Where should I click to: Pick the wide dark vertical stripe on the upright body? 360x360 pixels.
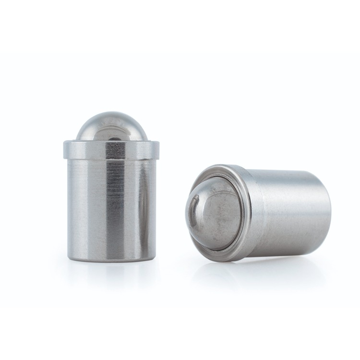coord(115,206)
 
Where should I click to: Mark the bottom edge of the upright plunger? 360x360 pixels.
coord(111,260)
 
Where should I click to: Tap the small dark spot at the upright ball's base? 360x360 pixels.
coord(114,137)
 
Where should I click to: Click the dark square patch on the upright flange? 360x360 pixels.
coord(116,150)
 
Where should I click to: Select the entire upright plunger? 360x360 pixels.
coord(111,192)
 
